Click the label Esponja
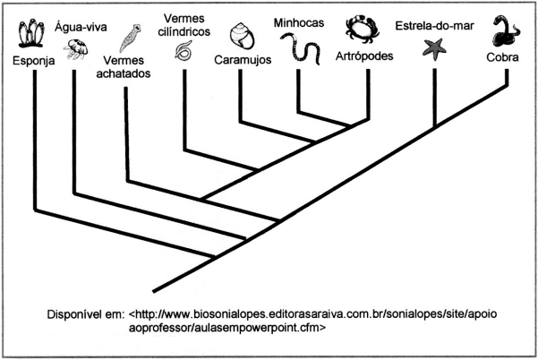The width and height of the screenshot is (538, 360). [34, 61]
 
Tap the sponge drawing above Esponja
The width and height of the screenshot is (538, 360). [31, 33]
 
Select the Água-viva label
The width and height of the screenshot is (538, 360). [81, 27]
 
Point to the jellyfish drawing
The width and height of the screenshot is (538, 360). [76, 49]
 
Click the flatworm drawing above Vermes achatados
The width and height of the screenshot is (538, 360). [130, 38]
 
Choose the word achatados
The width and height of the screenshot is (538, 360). [124, 73]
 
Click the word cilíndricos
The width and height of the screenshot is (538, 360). [184, 31]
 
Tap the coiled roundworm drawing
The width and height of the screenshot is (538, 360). [184, 50]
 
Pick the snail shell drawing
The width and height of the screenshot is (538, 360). [242, 36]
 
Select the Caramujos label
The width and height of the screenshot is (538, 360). [243, 60]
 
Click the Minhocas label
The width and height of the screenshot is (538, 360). [299, 22]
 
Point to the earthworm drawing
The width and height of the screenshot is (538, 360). [301, 48]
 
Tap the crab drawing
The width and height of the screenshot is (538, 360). [362, 30]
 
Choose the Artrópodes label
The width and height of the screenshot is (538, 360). [364, 56]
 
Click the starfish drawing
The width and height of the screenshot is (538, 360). [434, 49]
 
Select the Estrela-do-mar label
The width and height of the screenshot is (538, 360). [435, 26]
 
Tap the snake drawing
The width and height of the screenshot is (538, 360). [506, 30]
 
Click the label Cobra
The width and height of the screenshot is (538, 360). [502, 57]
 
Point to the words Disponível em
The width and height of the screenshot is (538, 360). [86, 314]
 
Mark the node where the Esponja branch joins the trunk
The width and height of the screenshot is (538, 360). [214, 257]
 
